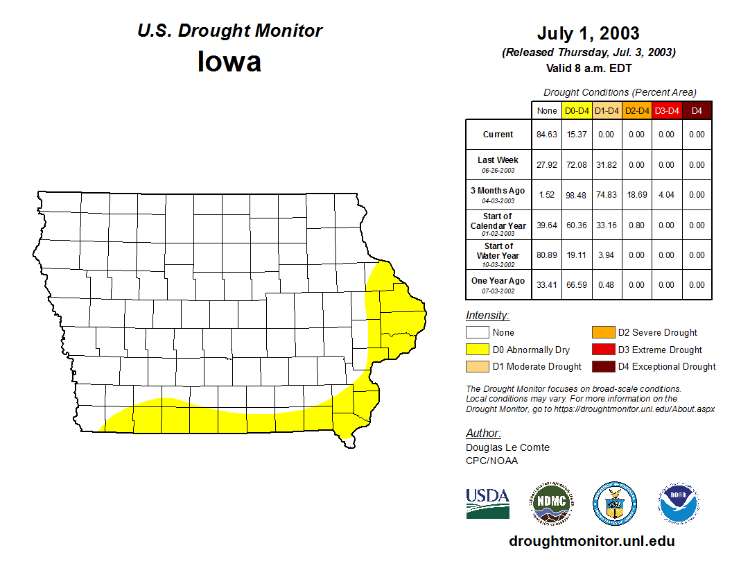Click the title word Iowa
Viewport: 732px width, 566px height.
tap(229, 62)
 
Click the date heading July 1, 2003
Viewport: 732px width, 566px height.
tap(588, 33)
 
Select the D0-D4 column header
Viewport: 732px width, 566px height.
tap(577, 111)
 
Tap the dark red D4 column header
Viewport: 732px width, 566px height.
tap(697, 111)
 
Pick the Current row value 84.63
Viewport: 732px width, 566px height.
tap(547, 135)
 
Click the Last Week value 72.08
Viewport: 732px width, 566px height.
tap(577, 165)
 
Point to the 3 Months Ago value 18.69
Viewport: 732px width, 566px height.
tap(636, 195)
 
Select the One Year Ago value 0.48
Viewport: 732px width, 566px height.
tap(607, 285)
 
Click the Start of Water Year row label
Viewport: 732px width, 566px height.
tap(498, 251)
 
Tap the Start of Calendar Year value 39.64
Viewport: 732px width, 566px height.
tap(547, 225)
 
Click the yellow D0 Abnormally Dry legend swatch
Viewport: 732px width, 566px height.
tap(477, 350)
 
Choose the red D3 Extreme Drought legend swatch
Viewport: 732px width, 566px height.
tap(603, 350)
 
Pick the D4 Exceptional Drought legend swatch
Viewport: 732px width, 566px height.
tap(603, 366)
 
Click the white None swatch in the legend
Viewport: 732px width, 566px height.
tap(477, 333)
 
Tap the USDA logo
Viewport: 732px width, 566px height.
tap(487, 503)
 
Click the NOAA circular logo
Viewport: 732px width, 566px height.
tap(679, 503)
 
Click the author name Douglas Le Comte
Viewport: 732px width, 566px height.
tap(507, 447)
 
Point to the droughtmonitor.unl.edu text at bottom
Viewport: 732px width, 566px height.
tap(591, 541)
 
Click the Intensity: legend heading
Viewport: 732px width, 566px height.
tap(487, 316)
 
